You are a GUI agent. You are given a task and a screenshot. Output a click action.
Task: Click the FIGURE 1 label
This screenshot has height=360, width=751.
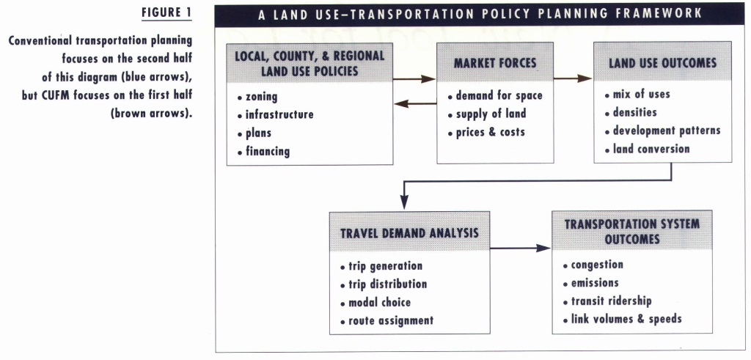tap(166, 12)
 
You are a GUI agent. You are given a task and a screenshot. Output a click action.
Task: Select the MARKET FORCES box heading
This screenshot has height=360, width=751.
tap(495, 63)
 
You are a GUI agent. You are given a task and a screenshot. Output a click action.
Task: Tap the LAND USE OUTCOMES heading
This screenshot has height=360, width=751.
tap(663, 63)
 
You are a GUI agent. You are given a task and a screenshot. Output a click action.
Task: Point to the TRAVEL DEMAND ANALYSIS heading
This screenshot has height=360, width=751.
tap(409, 233)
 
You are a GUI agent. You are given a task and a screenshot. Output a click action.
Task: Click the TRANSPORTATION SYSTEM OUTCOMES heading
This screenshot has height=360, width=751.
tap(632, 231)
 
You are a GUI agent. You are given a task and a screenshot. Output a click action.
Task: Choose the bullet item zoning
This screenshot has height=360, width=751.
tap(257, 97)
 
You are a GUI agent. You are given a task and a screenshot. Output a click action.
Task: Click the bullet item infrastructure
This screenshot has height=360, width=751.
tap(276, 115)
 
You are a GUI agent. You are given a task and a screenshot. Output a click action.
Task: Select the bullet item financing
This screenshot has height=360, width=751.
tap(263, 152)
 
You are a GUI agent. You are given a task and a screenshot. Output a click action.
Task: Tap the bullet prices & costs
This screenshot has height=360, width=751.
tap(486, 132)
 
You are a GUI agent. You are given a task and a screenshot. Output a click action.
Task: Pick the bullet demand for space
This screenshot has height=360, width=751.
tap(495, 96)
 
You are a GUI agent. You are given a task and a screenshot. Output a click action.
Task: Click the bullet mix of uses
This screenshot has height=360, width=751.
tap(637, 95)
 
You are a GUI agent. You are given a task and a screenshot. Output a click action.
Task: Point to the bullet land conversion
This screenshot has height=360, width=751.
tap(648, 149)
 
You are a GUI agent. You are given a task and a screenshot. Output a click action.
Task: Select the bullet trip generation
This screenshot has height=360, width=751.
tap(381, 266)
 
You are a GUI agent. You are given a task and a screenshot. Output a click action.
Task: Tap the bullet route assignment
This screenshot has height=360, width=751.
tap(387, 320)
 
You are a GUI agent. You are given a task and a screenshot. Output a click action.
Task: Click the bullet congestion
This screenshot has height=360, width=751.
tap(593, 265)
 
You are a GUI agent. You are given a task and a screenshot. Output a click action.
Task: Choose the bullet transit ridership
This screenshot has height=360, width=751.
tap(607, 301)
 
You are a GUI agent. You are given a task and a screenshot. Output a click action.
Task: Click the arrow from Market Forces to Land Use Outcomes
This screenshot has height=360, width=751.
tap(573, 78)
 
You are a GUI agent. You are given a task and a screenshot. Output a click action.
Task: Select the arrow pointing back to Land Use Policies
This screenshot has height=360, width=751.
tap(415, 103)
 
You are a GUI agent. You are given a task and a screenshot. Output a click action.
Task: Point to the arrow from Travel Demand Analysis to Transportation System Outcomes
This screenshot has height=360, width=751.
tap(521, 248)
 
